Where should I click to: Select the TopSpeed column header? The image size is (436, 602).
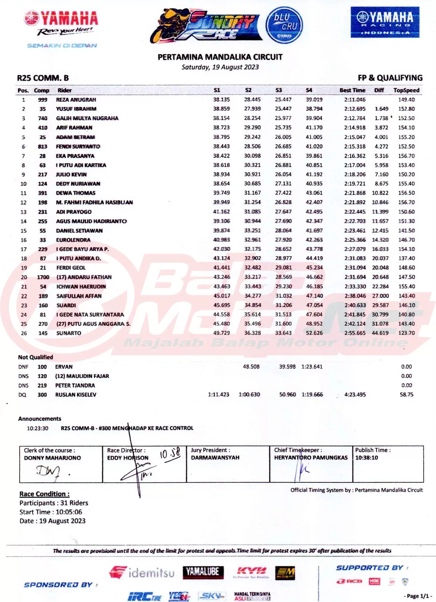pos(406,90)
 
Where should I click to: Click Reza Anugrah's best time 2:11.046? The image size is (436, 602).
pos(355,100)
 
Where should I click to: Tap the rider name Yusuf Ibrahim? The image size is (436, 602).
pos(76,109)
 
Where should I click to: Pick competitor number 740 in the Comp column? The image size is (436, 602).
pos(43,118)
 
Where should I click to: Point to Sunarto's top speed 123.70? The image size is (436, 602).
pos(406,333)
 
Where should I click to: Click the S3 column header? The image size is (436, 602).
pos(279,90)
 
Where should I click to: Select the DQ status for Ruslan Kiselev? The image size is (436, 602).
pos(22,395)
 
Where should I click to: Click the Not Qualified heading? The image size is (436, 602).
pos(36,357)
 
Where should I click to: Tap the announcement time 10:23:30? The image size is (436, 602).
pos(37,428)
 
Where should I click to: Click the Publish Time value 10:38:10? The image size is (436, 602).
pos(367,458)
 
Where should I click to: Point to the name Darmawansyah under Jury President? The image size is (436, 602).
pos(215,458)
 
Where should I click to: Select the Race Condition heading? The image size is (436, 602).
pos(44,494)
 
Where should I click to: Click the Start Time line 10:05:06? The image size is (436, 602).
pos(51,512)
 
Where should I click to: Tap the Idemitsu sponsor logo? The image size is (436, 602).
pos(142,573)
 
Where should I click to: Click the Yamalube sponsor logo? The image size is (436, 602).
pos(203,572)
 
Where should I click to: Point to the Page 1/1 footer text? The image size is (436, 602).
pos(417,596)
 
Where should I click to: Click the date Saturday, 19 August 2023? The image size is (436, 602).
pos(220,67)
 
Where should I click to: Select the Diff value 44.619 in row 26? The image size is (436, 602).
pos(380,333)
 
